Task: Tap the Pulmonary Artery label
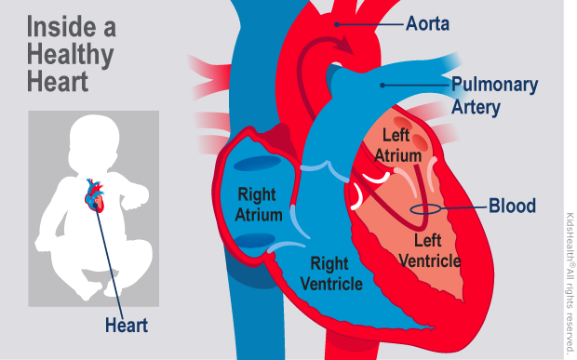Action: pyautogui.click(x=494, y=96)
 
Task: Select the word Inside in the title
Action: pyautogui.click(x=60, y=25)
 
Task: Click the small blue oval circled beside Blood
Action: pyautogui.click(x=423, y=208)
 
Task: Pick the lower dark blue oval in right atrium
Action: pyautogui.click(x=249, y=243)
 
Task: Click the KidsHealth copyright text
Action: pyautogui.click(x=569, y=279)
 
